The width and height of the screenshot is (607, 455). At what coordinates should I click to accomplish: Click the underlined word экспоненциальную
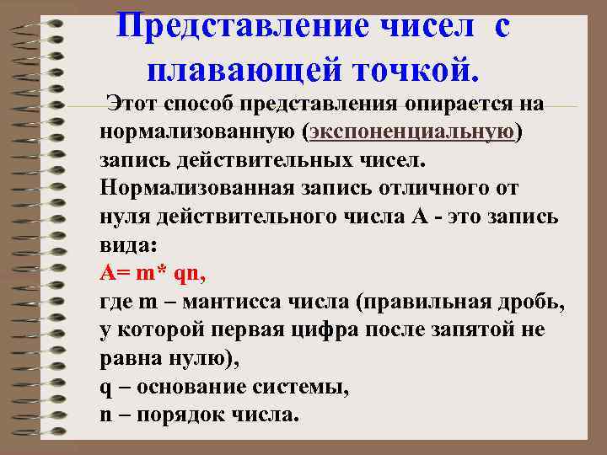411,133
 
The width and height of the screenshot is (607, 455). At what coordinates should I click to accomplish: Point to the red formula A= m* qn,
153,273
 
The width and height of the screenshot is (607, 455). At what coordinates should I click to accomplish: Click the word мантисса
217,301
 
